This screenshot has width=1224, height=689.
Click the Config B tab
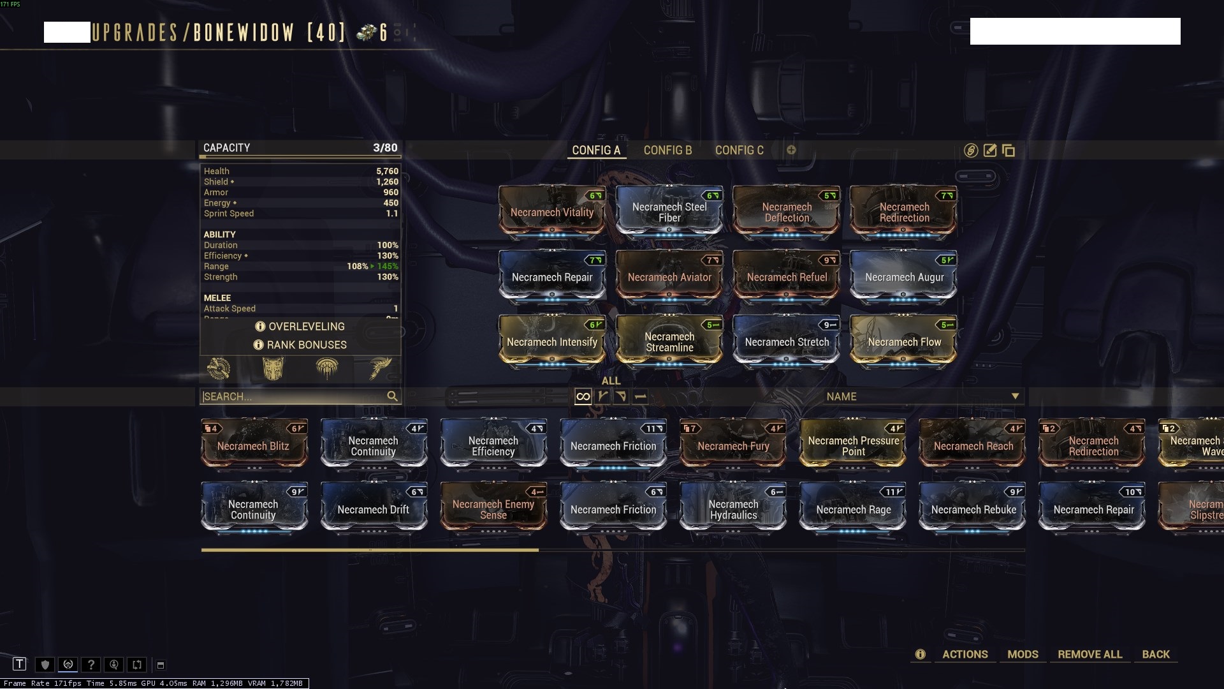(x=667, y=151)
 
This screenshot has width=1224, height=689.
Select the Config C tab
(x=739, y=151)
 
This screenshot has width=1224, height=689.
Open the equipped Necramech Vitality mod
(x=552, y=212)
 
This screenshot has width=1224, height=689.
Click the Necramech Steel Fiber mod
(x=669, y=212)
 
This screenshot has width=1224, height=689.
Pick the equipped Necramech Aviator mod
(x=669, y=278)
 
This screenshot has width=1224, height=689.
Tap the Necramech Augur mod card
(x=904, y=278)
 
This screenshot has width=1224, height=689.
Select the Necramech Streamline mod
(x=669, y=342)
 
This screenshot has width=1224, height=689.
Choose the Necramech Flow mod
(x=904, y=342)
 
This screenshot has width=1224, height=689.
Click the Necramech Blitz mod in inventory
(x=254, y=446)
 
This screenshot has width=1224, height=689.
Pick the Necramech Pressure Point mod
(x=854, y=446)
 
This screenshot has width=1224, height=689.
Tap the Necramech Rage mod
(x=854, y=510)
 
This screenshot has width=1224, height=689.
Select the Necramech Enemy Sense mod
(x=493, y=510)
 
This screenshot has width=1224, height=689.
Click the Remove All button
(x=1089, y=655)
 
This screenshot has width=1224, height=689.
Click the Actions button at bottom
(x=965, y=655)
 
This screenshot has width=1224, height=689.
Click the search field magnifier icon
(x=392, y=396)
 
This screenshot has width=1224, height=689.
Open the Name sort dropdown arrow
(x=1015, y=396)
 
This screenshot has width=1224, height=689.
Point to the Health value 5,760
(x=387, y=171)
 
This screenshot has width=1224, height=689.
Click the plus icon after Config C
(x=791, y=150)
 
